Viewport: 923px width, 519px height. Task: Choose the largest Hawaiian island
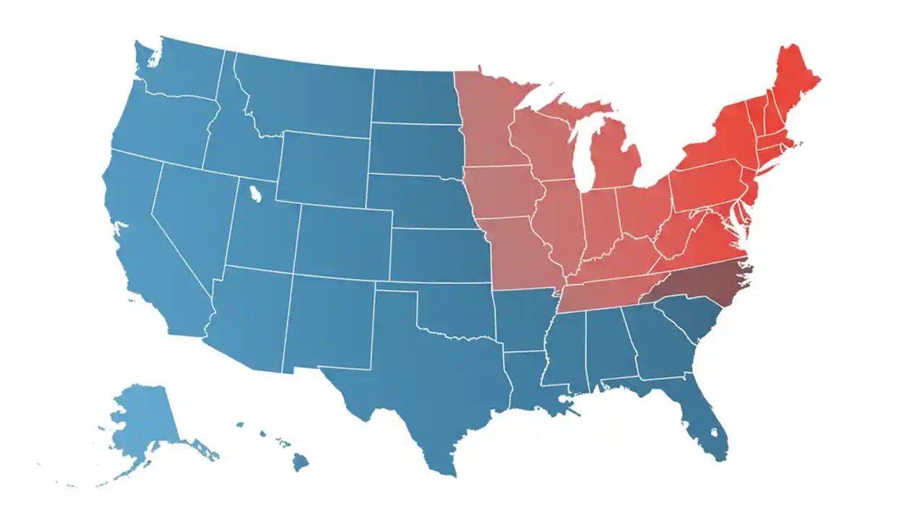pos(300,461)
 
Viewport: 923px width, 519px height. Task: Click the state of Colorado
pos(343,241)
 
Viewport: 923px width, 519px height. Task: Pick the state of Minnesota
pos(490,123)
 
